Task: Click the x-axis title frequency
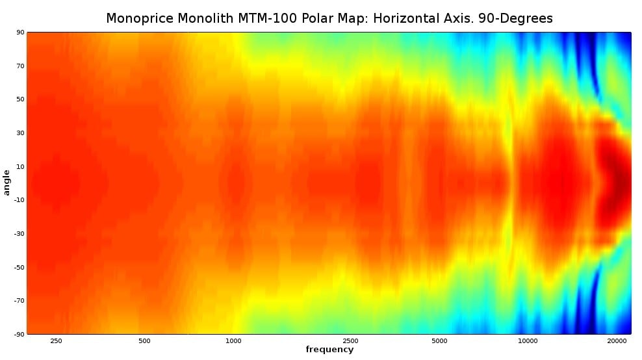click(x=329, y=350)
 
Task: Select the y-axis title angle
click(x=7, y=182)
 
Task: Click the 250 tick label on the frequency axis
click(x=56, y=341)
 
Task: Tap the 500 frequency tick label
click(x=144, y=341)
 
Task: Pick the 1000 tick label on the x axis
click(x=233, y=341)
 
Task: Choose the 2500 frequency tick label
click(x=350, y=341)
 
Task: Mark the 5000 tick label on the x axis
click(x=439, y=341)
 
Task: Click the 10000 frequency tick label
click(x=527, y=341)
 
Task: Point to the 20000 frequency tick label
click(x=616, y=341)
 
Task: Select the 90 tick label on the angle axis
click(x=21, y=32)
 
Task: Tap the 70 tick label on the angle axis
click(x=21, y=66)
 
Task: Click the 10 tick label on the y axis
click(x=21, y=166)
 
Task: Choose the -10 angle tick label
click(x=19, y=199)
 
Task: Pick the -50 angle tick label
click(x=19, y=266)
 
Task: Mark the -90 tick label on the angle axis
click(x=19, y=333)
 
